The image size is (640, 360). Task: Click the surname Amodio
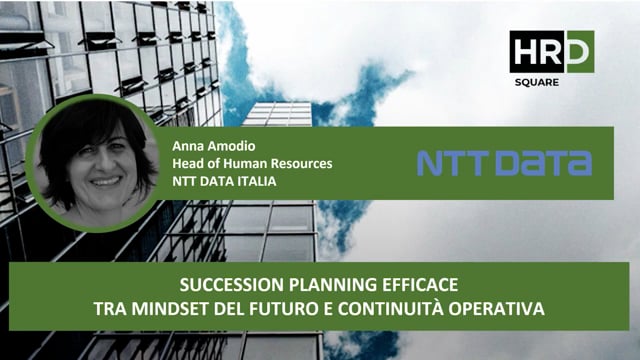pos(224,144)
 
